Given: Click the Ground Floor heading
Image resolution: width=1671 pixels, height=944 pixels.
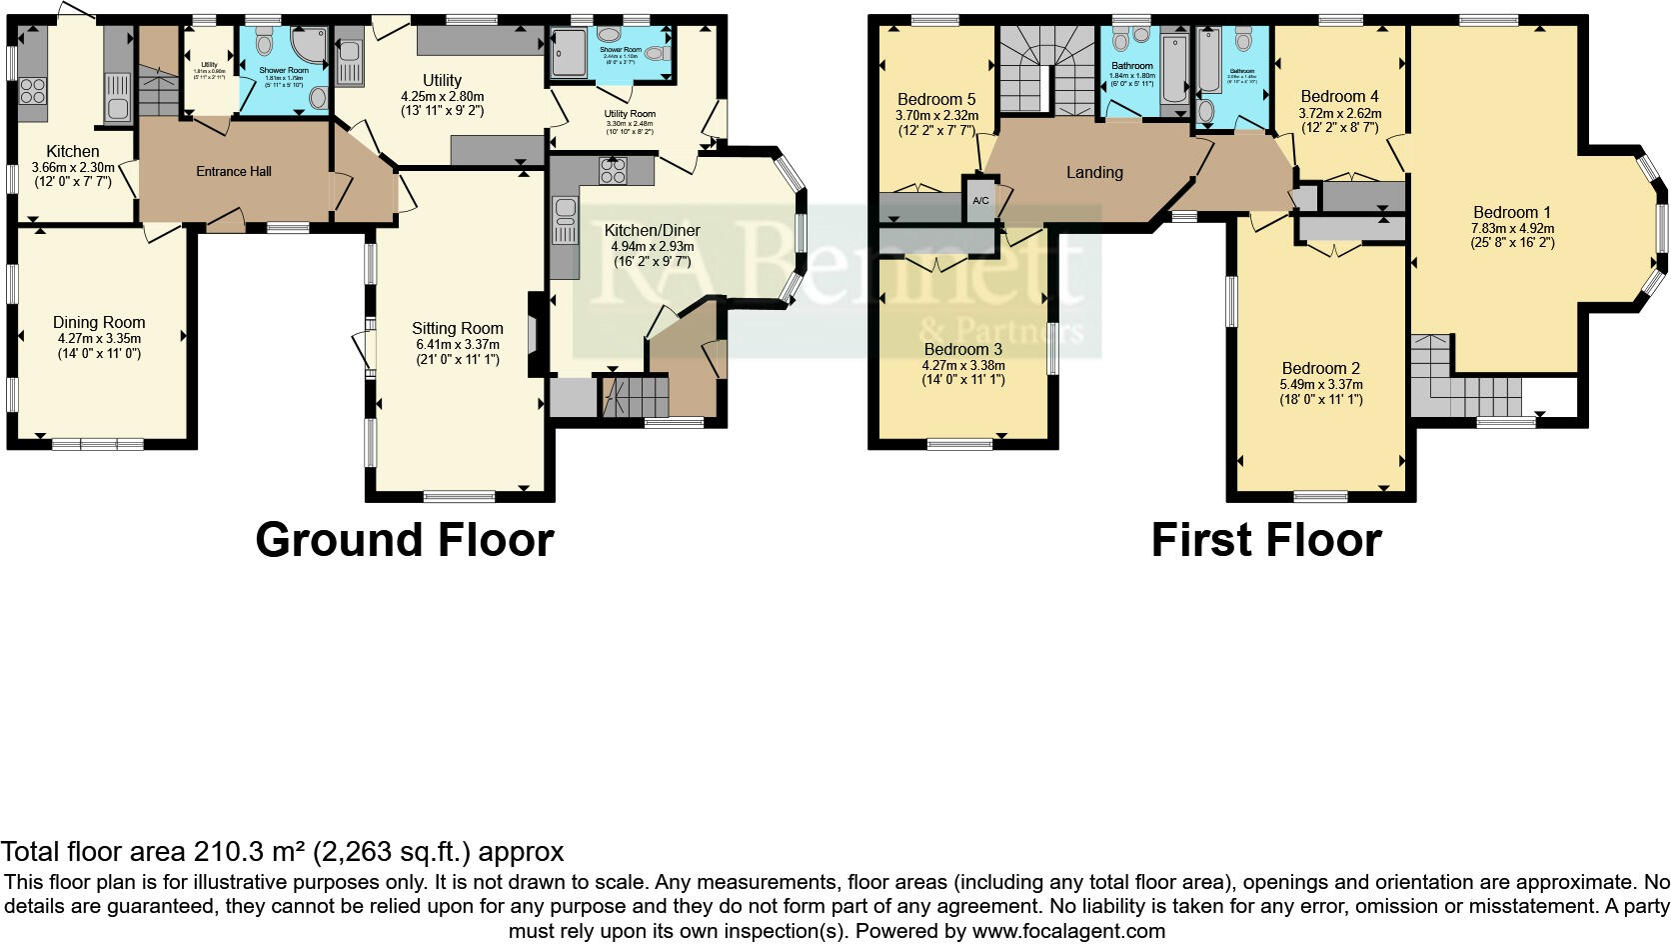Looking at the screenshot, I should [404, 540].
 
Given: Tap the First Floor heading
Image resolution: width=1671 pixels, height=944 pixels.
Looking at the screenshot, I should [1265, 540].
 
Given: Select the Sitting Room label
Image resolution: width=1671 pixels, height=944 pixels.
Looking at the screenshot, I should [457, 328].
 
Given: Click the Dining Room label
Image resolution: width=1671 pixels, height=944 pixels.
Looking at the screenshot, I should [99, 322].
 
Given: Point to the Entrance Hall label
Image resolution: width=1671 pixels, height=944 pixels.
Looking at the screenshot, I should [233, 171].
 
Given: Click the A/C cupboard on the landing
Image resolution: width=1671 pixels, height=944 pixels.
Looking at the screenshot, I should [980, 201].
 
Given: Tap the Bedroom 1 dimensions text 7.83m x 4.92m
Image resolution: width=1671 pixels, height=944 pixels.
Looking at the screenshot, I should [1512, 228].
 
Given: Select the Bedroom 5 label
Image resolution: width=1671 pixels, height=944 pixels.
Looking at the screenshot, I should [935, 99].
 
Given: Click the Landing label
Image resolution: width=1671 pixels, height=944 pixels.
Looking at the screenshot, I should [1093, 172].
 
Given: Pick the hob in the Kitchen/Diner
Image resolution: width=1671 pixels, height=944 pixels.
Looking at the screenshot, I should [613, 170].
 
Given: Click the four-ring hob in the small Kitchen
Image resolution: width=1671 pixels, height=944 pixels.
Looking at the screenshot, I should [33, 91].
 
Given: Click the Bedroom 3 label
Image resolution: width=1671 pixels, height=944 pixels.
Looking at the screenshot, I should [962, 349].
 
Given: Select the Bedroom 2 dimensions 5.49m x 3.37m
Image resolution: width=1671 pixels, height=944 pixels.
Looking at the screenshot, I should [1321, 384].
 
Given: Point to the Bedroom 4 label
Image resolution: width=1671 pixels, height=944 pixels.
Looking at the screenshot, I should [1339, 96].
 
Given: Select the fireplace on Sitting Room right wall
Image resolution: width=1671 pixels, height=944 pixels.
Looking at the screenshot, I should [536, 333].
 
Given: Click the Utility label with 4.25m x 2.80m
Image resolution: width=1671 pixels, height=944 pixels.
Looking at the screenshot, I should [442, 80].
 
